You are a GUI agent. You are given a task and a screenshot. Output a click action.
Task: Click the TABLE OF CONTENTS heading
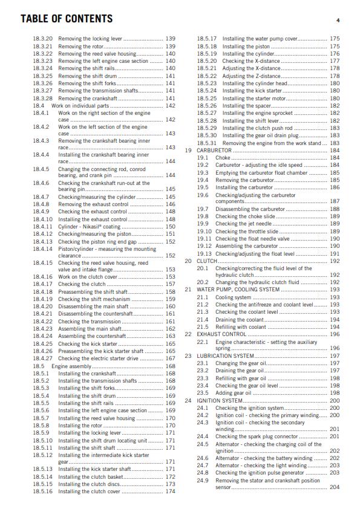point(67,19)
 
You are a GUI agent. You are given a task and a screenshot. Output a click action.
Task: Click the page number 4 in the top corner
point(338,21)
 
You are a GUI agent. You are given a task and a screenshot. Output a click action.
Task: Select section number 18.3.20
point(43,39)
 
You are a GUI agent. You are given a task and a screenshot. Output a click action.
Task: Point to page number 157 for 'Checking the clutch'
point(171,284)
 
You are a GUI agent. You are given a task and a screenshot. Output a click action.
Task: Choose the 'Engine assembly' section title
point(71,366)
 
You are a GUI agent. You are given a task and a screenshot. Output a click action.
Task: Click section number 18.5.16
point(43,491)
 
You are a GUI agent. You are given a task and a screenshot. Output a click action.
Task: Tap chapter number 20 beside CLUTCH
point(188,261)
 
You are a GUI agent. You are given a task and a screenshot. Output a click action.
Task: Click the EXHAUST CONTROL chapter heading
point(221,334)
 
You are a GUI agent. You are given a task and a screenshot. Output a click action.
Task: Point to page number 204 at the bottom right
point(335,487)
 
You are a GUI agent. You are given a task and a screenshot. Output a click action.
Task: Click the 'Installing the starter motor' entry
point(254,98)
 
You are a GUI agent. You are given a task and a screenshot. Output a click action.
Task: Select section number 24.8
point(203,473)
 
